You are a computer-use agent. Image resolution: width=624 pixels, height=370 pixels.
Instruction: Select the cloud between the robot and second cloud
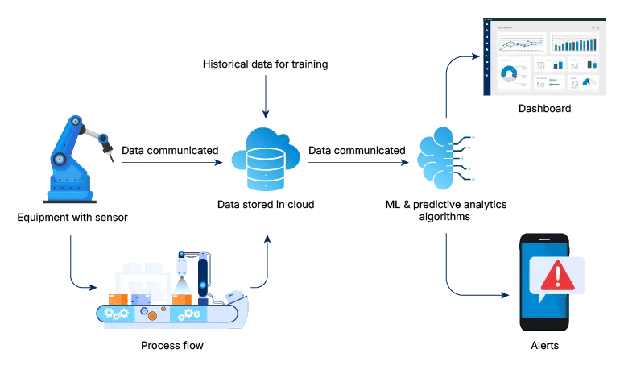tap(264, 158)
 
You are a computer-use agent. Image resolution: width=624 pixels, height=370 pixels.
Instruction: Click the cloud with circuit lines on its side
tap(439, 158)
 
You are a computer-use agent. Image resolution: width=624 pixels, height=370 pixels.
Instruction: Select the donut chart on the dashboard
tap(509, 74)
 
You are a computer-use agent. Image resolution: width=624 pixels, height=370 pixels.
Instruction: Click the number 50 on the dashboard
tap(540, 84)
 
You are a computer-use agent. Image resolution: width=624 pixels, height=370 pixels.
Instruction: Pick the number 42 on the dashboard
tap(574, 84)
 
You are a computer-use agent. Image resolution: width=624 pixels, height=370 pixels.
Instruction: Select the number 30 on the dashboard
tap(540, 66)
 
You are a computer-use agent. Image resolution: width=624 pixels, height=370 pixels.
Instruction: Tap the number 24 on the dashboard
tap(574, 66)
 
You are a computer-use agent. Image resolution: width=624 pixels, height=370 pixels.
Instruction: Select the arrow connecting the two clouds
tap(354, 164)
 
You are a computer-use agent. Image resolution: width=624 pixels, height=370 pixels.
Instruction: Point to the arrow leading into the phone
tap(475, 291)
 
